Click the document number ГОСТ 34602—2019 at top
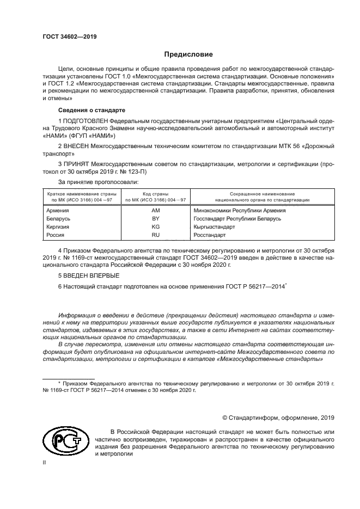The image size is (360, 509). pos(69,36)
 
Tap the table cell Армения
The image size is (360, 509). pos(58,210)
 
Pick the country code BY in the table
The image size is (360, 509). pos(155,218)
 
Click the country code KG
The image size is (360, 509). pos(155,226)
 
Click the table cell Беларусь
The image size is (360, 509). pos(59,218)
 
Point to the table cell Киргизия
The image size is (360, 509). pos(59,226)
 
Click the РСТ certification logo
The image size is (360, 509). pos(65,443)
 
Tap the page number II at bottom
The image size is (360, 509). pos(45,463)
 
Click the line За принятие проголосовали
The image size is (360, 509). pos(98,181)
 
